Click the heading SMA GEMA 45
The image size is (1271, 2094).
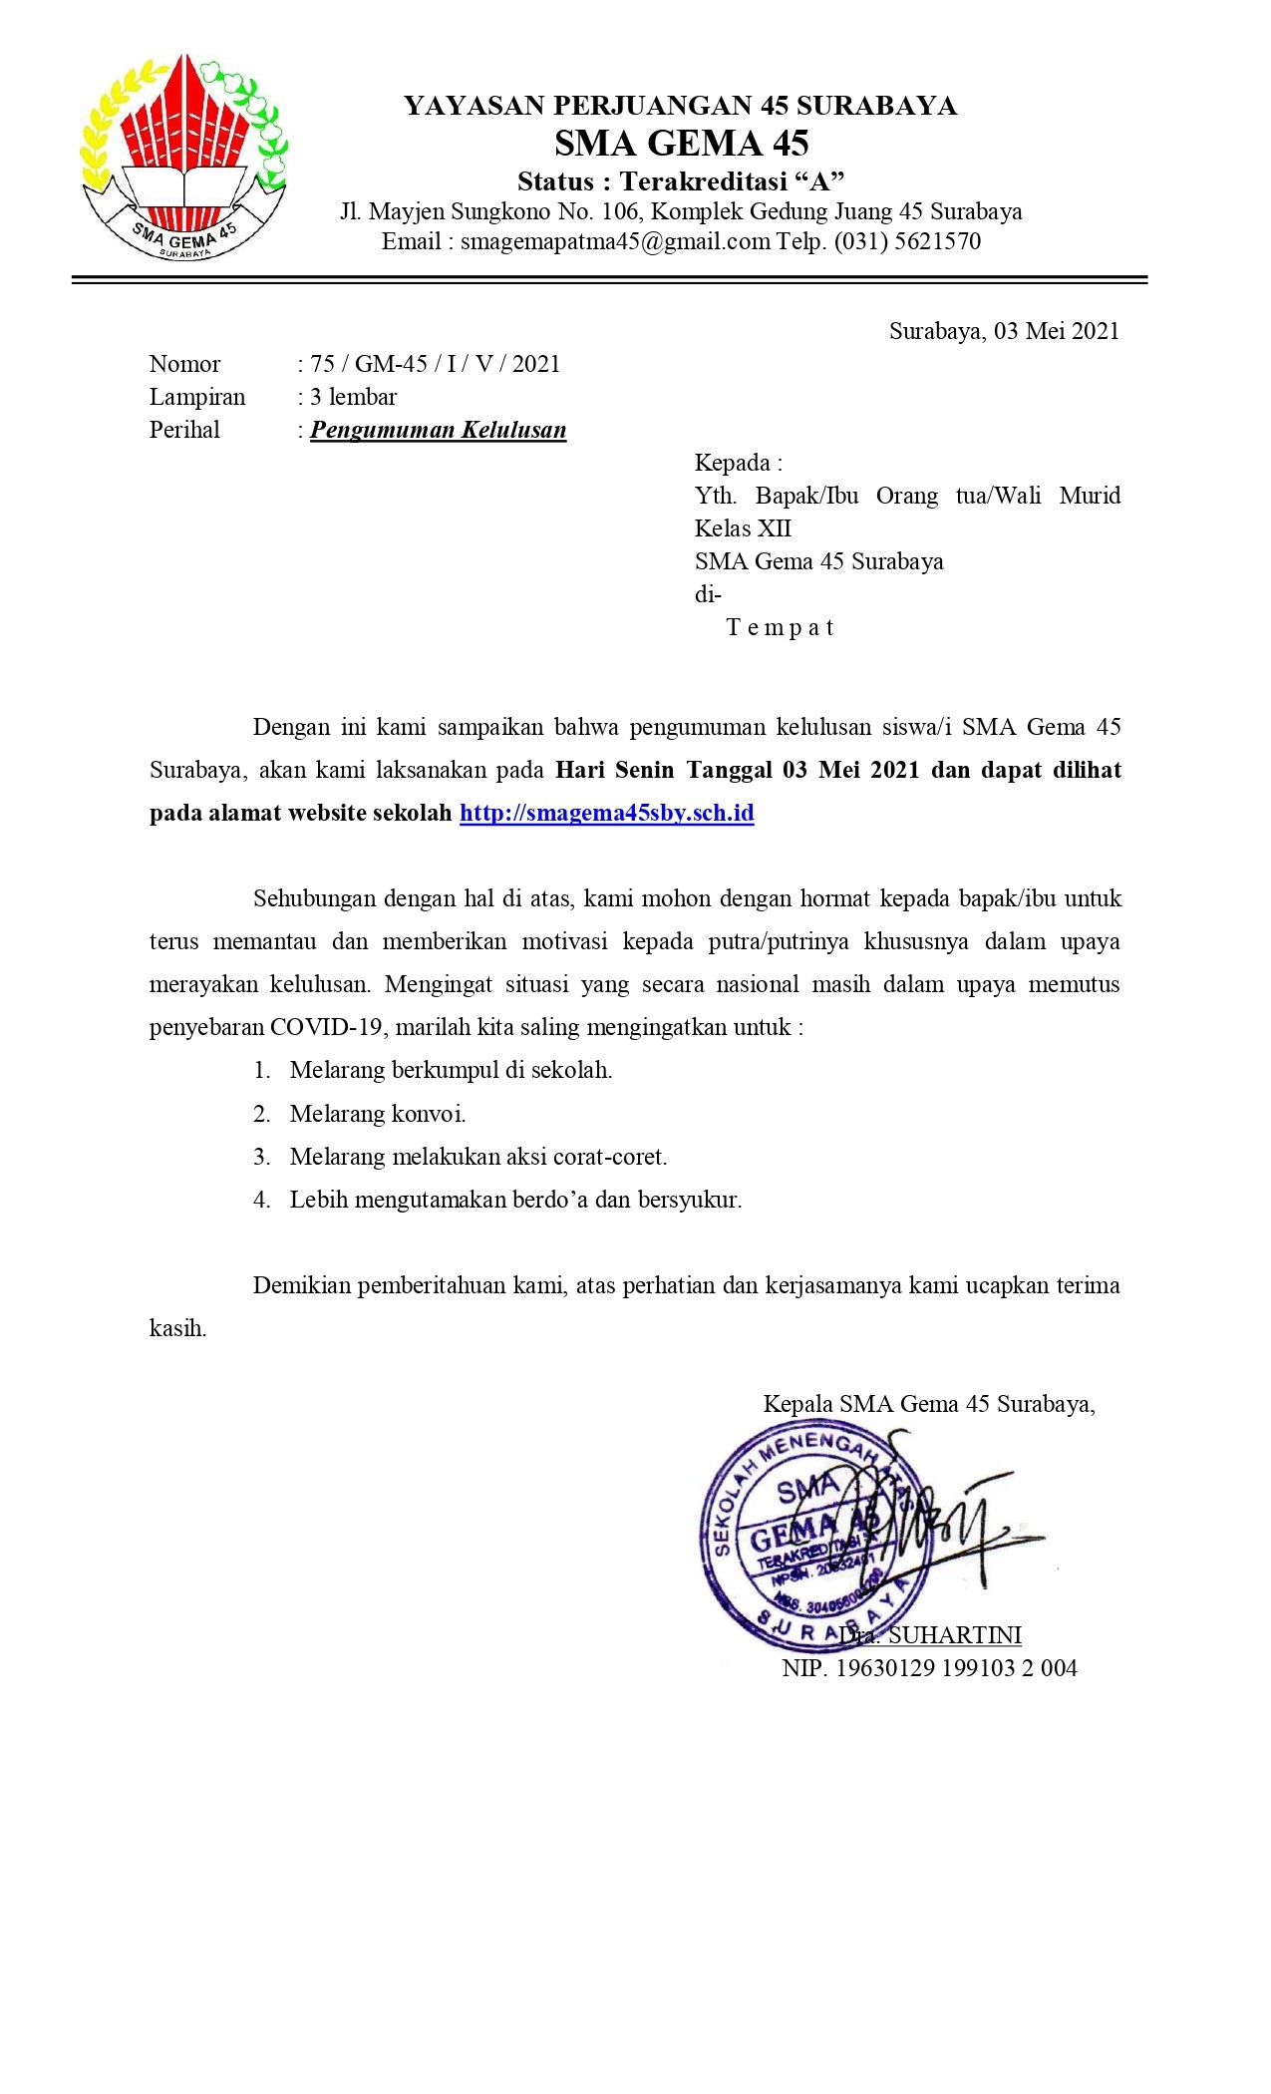[x=681, y=144]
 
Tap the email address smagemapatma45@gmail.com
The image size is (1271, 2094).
[x=615, y=241]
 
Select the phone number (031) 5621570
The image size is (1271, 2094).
[x=907, y=241]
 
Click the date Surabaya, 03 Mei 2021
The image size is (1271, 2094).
[x=1004, y=331]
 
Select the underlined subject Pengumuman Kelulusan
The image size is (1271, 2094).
[x=439, y=430]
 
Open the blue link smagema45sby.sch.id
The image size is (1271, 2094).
[x=606, y=813]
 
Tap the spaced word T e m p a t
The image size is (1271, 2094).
[x=780, y=627]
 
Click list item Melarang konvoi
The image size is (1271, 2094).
[x=378, y=1114]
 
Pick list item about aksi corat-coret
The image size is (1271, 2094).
[x=478, y=1157]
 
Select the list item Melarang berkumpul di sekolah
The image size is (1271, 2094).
[x=451, y=1071]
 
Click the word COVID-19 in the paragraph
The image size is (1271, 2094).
[x=326, y=1027]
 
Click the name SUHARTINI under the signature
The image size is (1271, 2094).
[x=954, y=1635]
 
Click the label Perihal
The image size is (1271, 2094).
[x=184, y=430]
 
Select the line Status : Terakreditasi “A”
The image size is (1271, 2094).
[x=681, y=181]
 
